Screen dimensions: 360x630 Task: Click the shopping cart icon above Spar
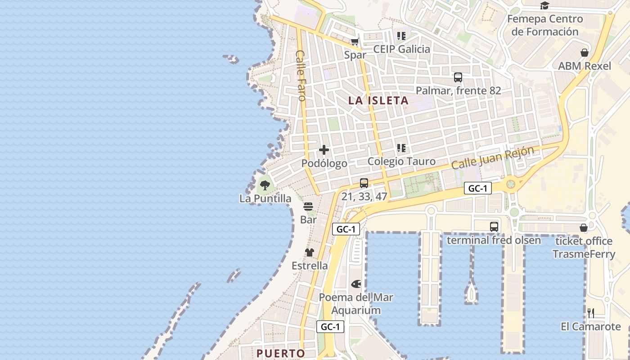point(355,42)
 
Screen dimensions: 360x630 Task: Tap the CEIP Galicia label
point(401,49)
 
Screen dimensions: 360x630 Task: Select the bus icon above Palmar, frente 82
point(458,77)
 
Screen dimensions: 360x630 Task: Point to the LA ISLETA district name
point(378,101)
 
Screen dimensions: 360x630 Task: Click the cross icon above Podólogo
point(324,150)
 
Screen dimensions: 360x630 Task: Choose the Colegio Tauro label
point(401,162)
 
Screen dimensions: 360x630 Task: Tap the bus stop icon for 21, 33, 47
point(364,183)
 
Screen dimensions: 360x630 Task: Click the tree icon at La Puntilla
point(265,184)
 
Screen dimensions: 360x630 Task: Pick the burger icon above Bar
point(308,207)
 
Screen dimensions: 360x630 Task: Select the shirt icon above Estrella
point(310,252)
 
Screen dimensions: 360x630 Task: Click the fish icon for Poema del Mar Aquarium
point(356,284)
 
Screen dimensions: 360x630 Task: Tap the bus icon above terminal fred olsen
point(494,227)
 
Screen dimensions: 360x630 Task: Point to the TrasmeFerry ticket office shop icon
point(584,228)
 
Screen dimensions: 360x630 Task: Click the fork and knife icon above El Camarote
point(591,313)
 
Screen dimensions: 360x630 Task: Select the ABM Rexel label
point(585,66)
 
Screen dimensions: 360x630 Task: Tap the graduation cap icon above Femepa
point(545,6)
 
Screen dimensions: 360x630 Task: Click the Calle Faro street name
point(301,75)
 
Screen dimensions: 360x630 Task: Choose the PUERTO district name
point(281,353)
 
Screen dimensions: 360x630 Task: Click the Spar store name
point(355,55)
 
